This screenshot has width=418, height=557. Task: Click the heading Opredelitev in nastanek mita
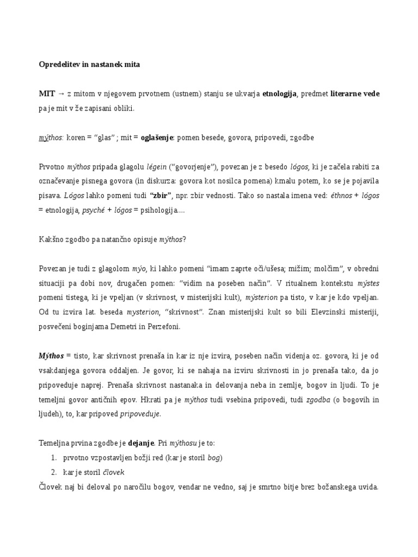click(89, 65)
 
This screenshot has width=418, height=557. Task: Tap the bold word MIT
click(47, 94)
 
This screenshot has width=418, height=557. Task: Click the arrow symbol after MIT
click(62, 94)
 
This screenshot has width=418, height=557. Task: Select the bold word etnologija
click(279, 94)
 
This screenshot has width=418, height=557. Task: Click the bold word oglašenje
click(157, 138)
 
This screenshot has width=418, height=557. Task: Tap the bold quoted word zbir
click(161, 195)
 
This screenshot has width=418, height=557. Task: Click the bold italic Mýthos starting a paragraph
click(51, 356)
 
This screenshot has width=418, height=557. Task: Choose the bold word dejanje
click(142, 443)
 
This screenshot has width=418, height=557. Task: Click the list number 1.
click(53, 458)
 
